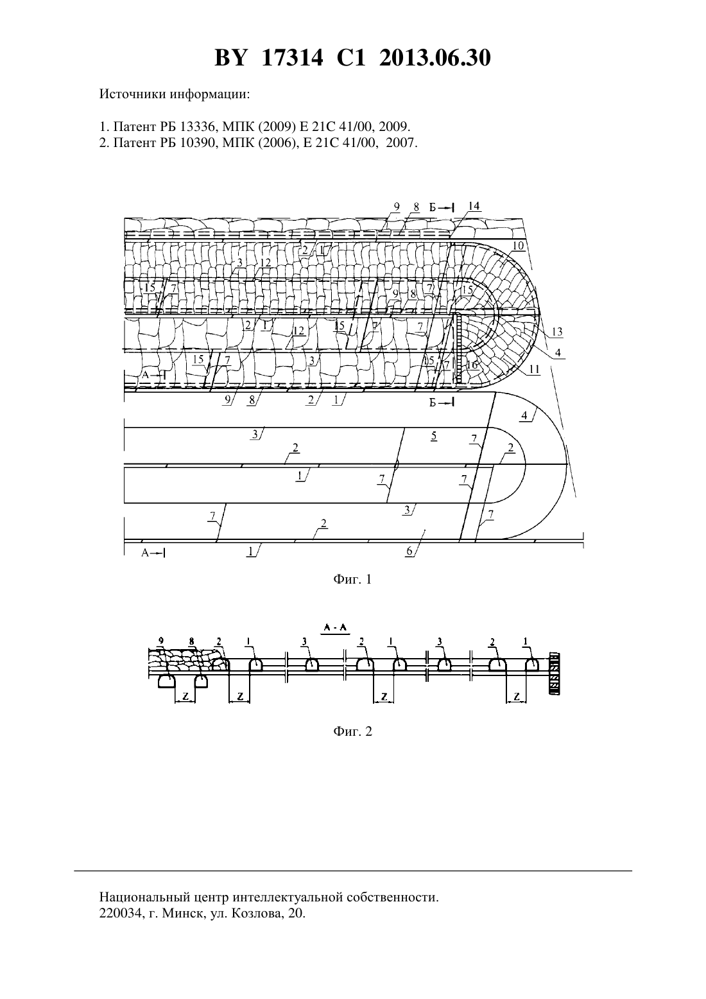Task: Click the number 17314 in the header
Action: pos(292,58)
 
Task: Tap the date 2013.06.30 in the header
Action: pos(435,58)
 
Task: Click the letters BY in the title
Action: pos(230,58)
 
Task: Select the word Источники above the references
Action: pos(133,94)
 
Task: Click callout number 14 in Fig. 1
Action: pos(474,206)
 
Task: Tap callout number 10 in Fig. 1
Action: pos(518,245)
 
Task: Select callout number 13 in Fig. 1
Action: pos(557,332)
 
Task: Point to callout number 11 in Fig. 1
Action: pos(535,369)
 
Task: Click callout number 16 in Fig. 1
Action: pos(472,365)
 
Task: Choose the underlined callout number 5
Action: pos(434,436)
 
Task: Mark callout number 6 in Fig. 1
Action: pos(409,552)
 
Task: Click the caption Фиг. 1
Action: pos(352,579)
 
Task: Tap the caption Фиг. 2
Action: pos(352,731)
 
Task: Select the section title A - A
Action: pos(336,627)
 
